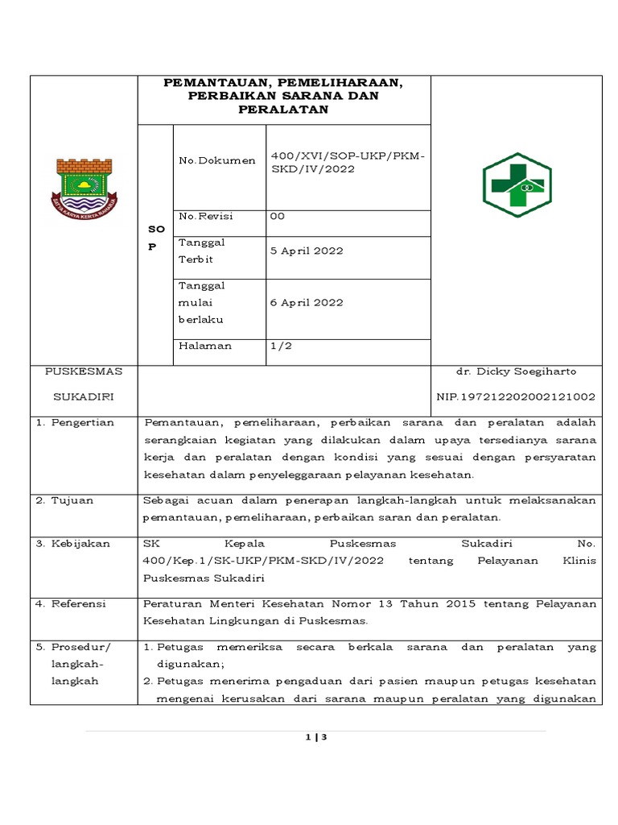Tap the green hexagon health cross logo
516,185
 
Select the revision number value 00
278,217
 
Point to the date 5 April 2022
307,251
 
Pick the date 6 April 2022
307,303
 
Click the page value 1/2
281,346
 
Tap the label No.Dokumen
216,161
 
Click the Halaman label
204,346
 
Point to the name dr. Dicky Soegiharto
516,371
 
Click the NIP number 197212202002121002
516,396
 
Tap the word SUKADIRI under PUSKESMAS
84,397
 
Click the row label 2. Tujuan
65,500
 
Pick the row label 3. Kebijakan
73,544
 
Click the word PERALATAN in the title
284,110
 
